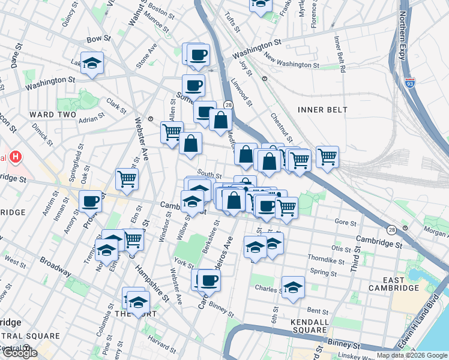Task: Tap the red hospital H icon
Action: pos(16,158)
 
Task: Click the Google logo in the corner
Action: pos(19,353)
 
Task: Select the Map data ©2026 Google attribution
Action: pos(411,355)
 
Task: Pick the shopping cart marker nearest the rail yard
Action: pos(327,157)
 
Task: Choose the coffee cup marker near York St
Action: pos(209,280)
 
